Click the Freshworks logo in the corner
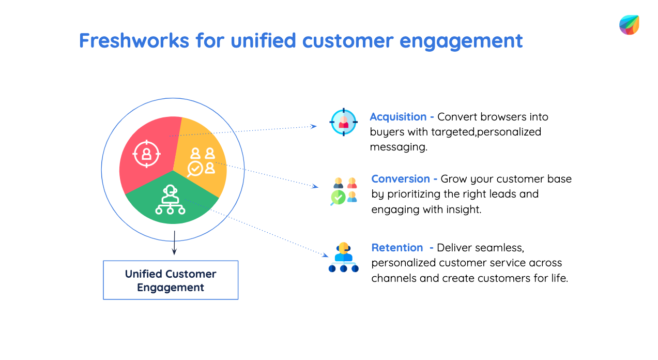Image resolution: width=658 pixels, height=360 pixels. click(629, 25)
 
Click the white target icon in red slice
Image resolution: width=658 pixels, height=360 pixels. click(147, 153)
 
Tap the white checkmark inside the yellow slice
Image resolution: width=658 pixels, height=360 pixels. click(195, 168)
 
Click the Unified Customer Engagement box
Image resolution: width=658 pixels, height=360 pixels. click(171, 280)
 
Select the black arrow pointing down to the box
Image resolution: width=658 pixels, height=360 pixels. click(174, 243)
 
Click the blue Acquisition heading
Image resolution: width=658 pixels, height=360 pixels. click(398, 117)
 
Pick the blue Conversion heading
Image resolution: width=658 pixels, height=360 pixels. click(401, 179)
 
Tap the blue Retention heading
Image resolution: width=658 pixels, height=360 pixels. click(397, 247)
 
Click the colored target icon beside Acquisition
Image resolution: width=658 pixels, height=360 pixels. click(343, 123)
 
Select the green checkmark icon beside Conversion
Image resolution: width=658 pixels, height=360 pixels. click(338, 197)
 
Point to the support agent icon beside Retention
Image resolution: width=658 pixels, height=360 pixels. click(343, 257)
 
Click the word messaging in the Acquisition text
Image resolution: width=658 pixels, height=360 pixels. click(398, 147)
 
